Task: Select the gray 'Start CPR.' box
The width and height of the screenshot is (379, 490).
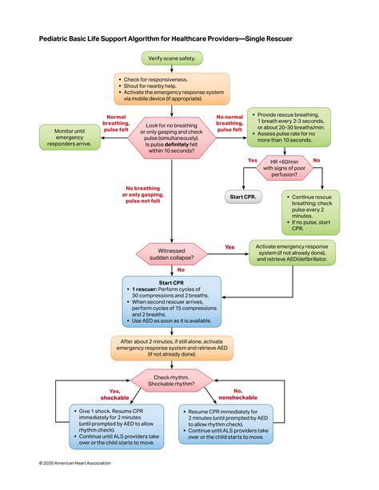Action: tap(242, 196)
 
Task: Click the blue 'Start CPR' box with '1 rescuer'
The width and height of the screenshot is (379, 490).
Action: tap(170, 301)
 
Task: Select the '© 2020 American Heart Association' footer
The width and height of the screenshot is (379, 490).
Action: tap(75, 463)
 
